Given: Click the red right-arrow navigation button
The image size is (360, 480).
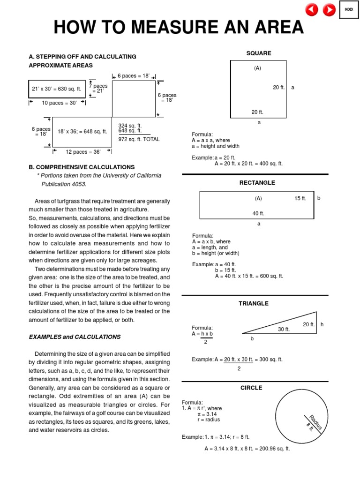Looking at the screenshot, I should tap(329, 9).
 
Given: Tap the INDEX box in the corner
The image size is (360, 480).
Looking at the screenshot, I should tap(349, 9).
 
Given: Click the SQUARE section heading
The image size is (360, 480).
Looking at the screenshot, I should tap(259, 53).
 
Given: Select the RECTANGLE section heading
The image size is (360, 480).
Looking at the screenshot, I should tap(257, 183).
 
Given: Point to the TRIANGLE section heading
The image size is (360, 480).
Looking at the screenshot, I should tap(254, 303).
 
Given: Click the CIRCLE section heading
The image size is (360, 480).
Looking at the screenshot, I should tap(251, 388).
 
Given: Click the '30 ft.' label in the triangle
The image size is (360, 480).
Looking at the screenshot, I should tap(284, 330).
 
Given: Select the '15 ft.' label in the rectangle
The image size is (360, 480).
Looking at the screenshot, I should tap(300, 199).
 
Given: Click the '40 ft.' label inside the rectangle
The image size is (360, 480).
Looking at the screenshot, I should tap(258, 213).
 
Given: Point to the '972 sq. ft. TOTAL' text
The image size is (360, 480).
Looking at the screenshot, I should tap(139, 139).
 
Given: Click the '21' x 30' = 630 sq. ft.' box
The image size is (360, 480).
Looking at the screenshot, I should tap(57, 89).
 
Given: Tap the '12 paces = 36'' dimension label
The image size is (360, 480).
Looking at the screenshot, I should tap(82, 151).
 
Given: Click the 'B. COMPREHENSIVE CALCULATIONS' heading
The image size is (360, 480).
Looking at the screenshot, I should tap(82, 167).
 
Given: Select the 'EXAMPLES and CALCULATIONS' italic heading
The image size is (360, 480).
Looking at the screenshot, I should tap(75, 337).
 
